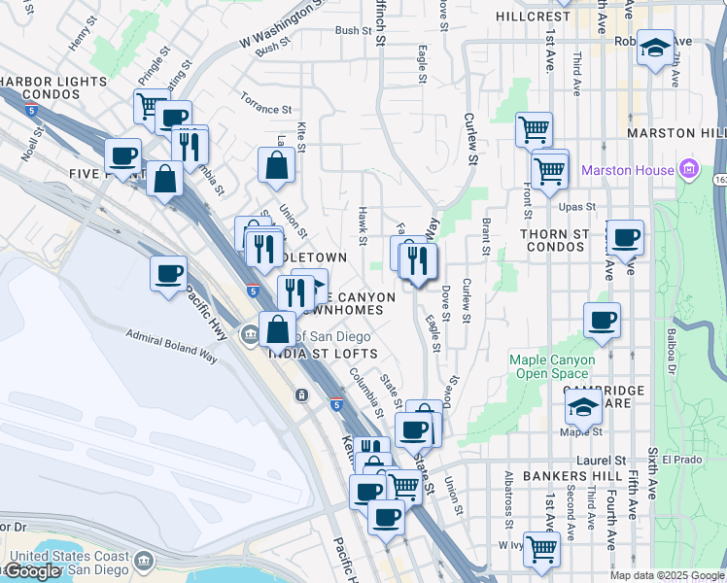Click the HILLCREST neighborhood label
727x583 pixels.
click(533, 17)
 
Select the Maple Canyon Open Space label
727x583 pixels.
click(552, 366)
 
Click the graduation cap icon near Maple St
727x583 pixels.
click(583, 408)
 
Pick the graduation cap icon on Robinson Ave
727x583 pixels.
click(656, 47)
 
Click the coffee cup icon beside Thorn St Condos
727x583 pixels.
click(625, 236)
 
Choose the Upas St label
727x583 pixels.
click(577, 207)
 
